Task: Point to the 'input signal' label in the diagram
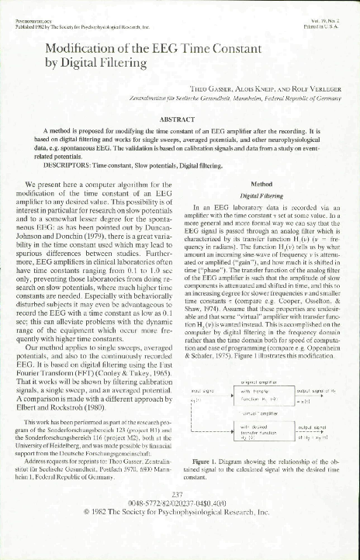tap(203, 393)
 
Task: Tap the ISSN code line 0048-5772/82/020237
tap(179, 525)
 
